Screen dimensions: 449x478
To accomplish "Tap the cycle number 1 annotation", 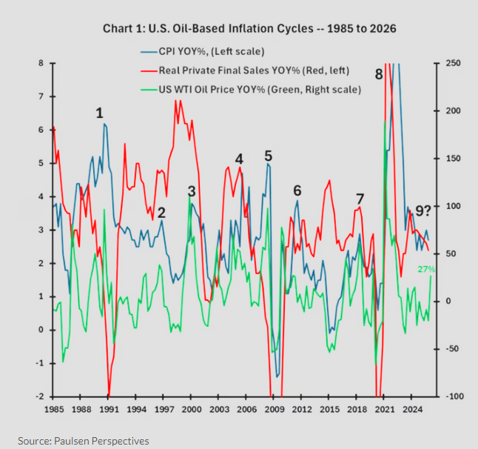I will (x=99, y=113).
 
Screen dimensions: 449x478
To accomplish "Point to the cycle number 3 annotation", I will (x=192, y=191).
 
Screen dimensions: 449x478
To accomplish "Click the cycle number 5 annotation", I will (x=268, y=156).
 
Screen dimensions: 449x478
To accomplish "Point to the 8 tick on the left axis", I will (x=41, y=63).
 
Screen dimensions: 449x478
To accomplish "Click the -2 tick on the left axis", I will (x=39, y=396).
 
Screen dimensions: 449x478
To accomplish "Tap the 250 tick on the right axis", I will (x=452, y=63).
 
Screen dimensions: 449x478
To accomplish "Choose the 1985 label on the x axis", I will (x=54, y=409).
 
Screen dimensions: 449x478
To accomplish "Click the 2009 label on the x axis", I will (x=274, y=409).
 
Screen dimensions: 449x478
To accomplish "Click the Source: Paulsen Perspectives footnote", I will (x=84, y=441).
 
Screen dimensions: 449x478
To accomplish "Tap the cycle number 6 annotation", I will (x=297, y=189).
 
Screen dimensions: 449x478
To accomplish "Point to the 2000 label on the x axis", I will (x=192, y=409).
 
